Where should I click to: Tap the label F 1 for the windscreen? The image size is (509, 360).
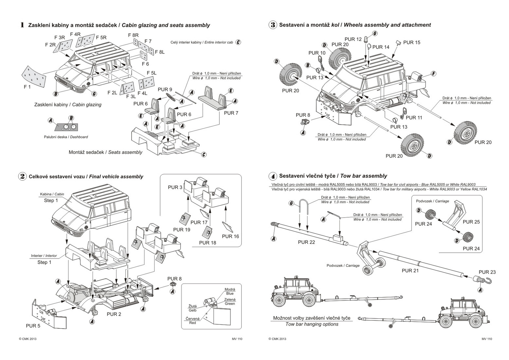27,87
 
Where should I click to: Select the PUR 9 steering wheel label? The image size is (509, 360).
165,89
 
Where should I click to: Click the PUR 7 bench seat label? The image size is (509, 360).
231,113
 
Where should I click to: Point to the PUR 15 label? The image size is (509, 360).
412,42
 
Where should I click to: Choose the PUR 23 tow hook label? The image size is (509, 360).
487,272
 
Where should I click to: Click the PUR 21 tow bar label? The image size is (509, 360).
410,271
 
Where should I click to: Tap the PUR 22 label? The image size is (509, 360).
306,242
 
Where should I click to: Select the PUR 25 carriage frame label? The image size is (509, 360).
471,222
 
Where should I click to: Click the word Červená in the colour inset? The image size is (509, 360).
192,318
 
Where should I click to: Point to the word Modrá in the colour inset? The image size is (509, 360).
230,289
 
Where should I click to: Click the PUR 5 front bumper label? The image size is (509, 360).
33,326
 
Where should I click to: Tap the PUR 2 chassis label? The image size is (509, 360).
114,314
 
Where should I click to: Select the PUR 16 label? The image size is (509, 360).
230,236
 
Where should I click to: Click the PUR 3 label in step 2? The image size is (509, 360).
175,188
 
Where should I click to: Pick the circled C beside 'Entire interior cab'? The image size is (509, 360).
238,43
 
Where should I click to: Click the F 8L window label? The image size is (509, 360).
160,52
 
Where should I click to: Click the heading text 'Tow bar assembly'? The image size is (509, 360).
366,176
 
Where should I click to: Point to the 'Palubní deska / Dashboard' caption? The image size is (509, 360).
66,137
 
